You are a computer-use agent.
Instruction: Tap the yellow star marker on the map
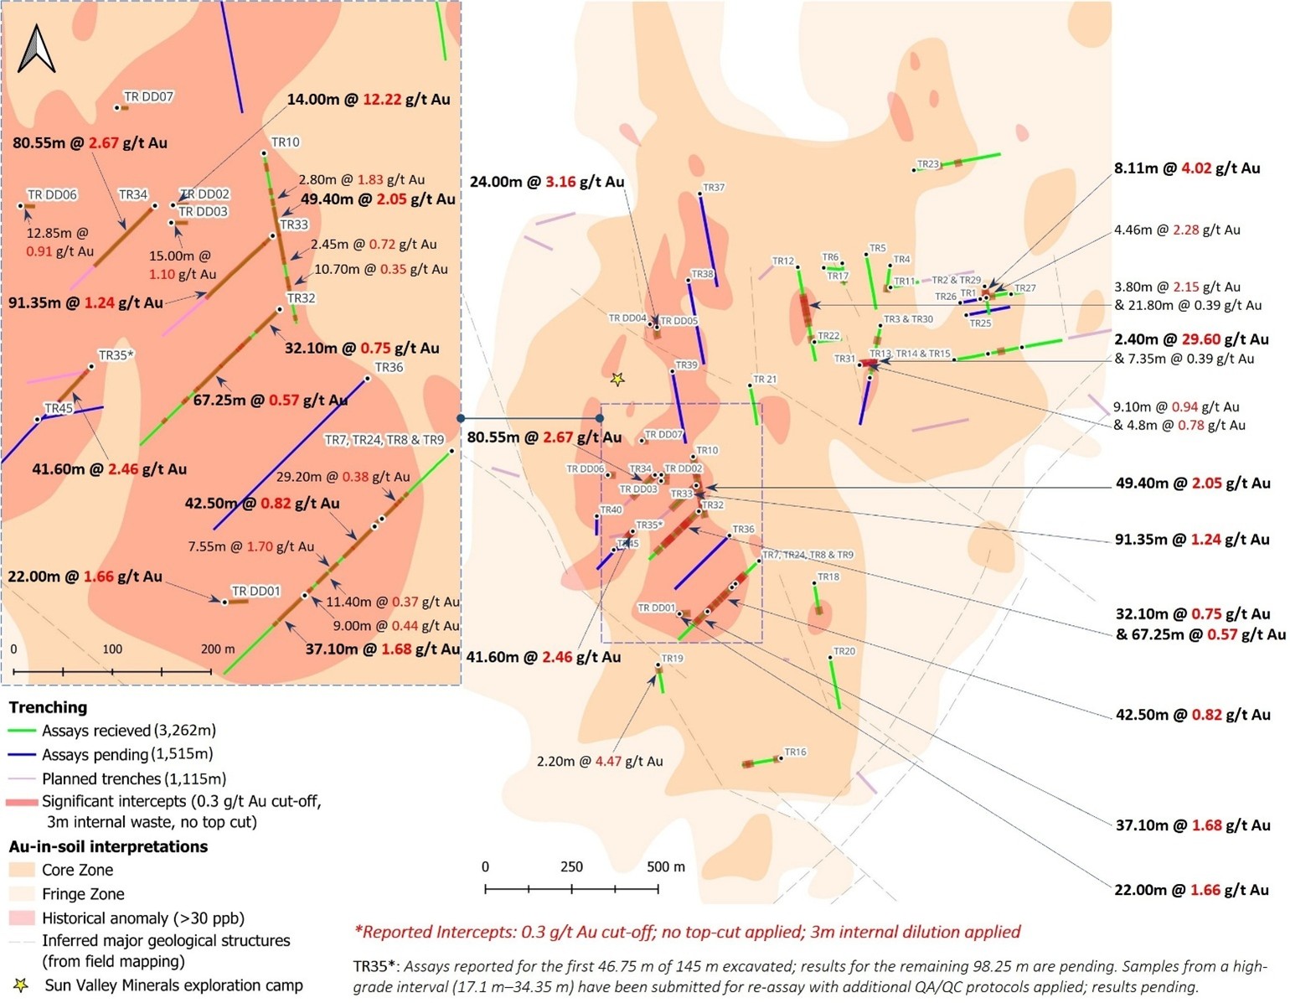pos(617,380)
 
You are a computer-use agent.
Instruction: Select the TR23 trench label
pos(928,164)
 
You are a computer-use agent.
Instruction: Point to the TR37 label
pos(714,188)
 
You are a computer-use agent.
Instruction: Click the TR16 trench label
pos(795,752)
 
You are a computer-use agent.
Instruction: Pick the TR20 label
pos(844,651)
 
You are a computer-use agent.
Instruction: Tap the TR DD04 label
pos(627,318)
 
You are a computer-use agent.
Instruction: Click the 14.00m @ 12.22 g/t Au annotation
pos(369,100)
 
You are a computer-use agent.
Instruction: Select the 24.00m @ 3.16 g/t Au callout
pos(546,182)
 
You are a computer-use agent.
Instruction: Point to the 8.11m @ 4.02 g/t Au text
pos(1186,168)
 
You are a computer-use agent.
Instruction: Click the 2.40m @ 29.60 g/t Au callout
pos(1190,339)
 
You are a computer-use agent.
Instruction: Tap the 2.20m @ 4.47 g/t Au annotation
pos(600,762)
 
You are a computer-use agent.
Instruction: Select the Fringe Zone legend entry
pos(83,894)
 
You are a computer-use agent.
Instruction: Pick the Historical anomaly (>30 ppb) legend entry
pos(143,918)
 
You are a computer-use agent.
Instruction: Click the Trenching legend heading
pos(48,707)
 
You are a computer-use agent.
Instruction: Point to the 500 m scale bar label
pos(665,866)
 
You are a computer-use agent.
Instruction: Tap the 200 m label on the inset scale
pos(218,649)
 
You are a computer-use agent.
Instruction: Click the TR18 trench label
pos(828,577)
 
